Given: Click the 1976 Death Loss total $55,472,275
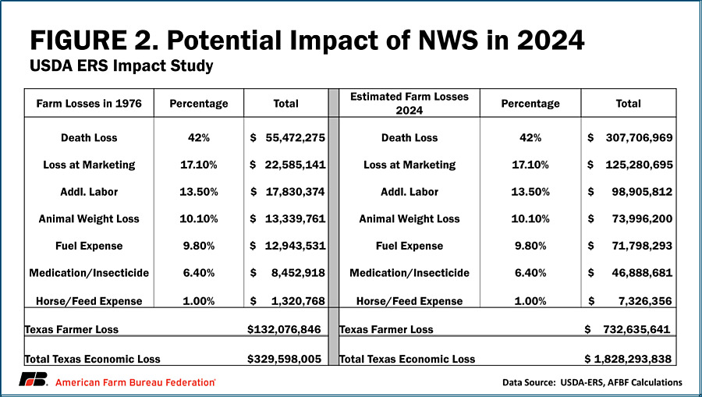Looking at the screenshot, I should tap(287, 137).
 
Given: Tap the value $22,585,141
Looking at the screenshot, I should tap(287, 165).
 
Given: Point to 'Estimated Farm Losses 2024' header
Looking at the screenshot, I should tap(409, 103).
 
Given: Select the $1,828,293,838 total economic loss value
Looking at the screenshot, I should tap(629, 359).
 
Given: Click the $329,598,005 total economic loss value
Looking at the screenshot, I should tap(284, 359).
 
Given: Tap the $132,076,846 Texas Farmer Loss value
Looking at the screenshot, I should tap(284, 329).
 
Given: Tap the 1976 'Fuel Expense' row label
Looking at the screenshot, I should tap(89, 246).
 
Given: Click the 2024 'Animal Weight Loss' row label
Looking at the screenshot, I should tap(409, 219).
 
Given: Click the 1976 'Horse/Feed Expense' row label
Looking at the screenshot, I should tap(89, 300).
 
